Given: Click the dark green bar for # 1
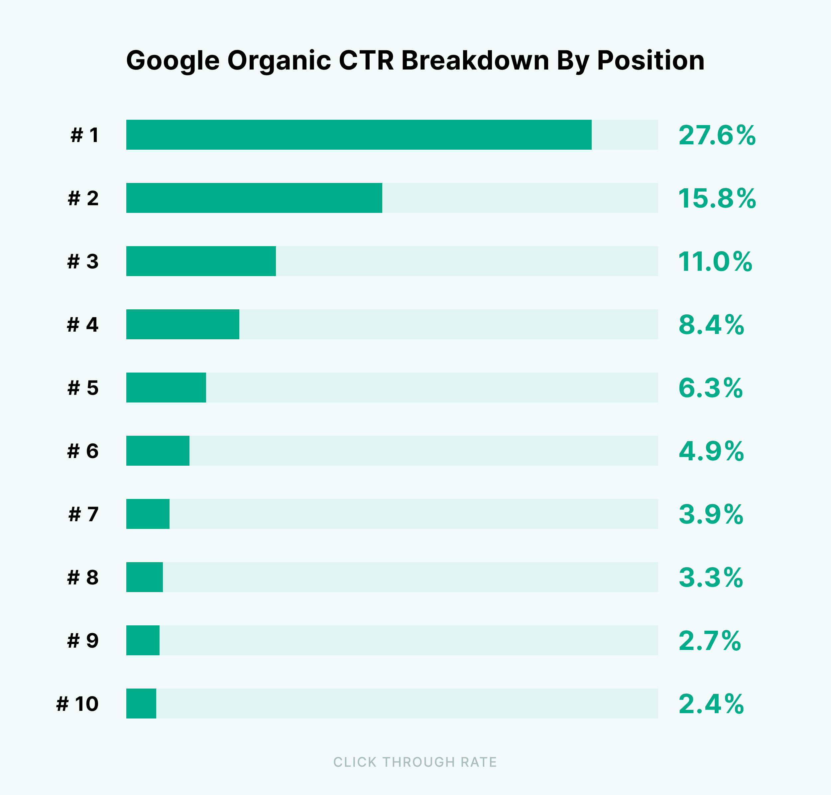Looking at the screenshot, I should click(358, 135).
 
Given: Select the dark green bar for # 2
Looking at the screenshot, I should click(254, 198).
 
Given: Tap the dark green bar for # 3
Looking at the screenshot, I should click(201, 261).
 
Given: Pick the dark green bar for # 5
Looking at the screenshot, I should click(166, 387).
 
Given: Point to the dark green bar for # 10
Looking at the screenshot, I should click(141, 704).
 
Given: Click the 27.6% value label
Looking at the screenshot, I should click(717, 136).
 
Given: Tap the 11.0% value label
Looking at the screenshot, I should click(715, 261).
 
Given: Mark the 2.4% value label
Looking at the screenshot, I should click(711, 704).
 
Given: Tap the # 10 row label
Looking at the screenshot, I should click(77, 704).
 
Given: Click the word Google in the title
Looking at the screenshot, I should click(173, 61).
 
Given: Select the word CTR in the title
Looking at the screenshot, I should click(366, 60).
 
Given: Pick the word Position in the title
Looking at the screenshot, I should click(651, 60).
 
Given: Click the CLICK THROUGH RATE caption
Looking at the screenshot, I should click(415, 762).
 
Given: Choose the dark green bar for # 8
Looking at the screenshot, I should click(145, 577).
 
